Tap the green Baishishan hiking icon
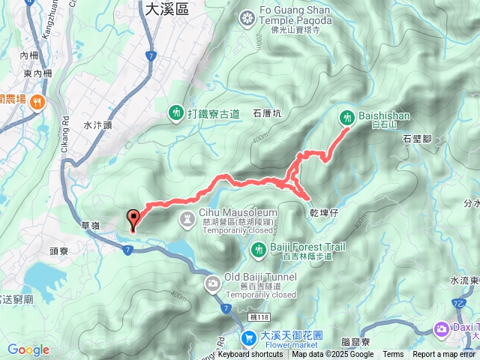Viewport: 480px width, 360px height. (x=347, y=117)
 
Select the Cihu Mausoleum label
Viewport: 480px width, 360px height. (x=229, y=213)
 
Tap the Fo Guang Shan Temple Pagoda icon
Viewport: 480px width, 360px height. (x=247, y=18)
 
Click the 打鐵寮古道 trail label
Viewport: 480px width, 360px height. (x=214, y=113)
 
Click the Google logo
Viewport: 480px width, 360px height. (x=28, y=349)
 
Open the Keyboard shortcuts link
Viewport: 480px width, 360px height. (x=250, y=355)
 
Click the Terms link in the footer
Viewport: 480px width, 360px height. (x=393, y=355)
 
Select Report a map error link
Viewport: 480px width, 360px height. (x=444, y=355)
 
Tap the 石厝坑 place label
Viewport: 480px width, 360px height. (x=266, y=114)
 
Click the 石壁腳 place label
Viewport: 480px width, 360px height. (x=418, y=139)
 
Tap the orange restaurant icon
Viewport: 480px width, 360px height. (x=37, y=101)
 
